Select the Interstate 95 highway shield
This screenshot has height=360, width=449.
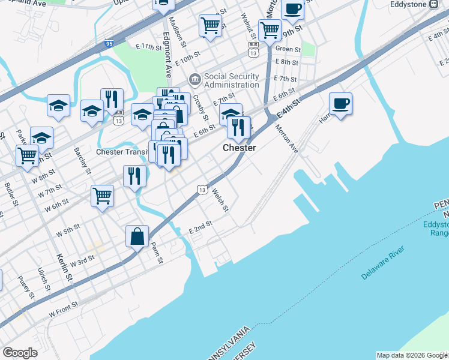point(109,44)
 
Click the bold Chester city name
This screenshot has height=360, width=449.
point(240,148)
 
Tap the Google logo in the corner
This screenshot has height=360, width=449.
point(20,352)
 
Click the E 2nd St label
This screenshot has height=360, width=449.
point(200,228)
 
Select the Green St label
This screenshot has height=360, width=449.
point(288,49)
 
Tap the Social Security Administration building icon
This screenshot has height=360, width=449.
point(194,79)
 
